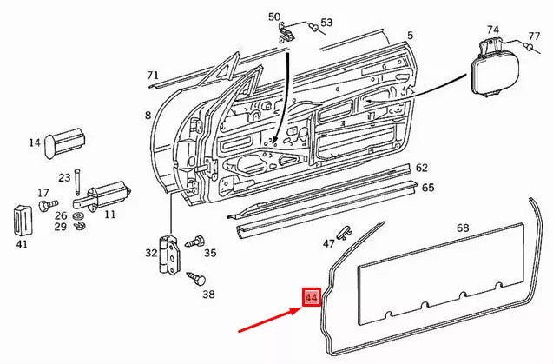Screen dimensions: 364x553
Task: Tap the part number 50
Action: (x=274, y=17)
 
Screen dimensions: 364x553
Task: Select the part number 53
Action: (x=326, y=22)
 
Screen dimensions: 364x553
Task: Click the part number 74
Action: (x=492, y=29)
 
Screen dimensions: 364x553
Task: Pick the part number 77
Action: (x=535, y=36)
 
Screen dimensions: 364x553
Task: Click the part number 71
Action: (x=153, y=75)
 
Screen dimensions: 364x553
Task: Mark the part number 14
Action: (x=35, y=143)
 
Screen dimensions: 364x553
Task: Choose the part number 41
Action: (x=23, y=244)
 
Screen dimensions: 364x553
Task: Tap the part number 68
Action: (x=463, y=228)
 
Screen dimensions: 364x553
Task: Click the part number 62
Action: (x=421, y=168)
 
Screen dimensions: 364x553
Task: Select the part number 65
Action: (x=428, y=187)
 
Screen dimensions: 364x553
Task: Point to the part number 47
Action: (x=328, y=242)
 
